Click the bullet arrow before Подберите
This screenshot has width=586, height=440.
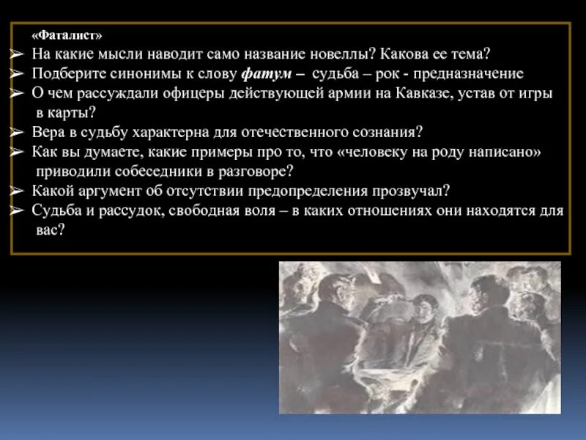pos(18,75)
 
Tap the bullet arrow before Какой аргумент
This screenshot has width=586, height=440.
pos(18,191)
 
